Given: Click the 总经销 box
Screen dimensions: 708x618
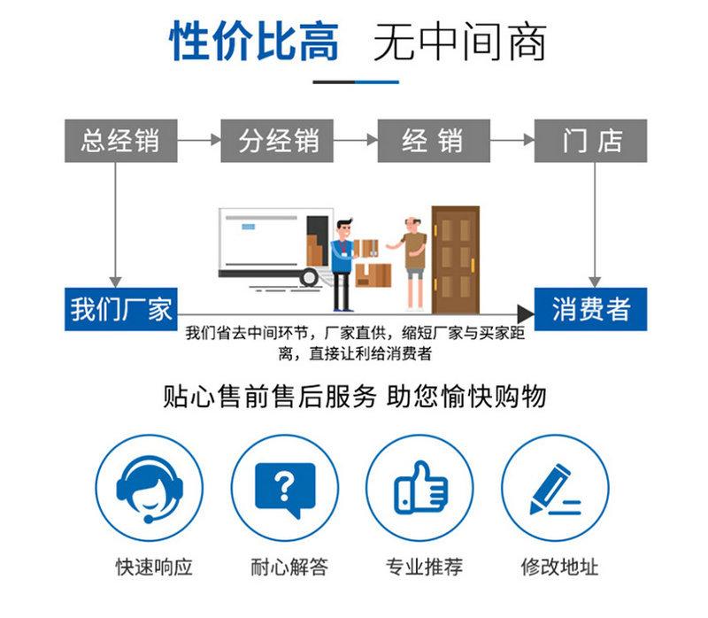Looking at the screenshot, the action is coord(120,141).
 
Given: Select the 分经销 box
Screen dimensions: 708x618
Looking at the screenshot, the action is coord(277,141).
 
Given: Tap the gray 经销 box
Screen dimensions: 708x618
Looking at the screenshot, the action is coord(434,141).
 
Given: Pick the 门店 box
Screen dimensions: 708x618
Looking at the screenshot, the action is coord(590,141).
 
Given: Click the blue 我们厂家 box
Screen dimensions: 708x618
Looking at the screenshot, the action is coord(120,310).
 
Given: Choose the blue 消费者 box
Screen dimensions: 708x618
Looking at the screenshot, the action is coord(590,310).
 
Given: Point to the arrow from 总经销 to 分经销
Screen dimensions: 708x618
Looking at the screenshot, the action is coord(198,140).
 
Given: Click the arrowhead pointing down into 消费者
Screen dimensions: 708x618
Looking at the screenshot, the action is coord(594,282).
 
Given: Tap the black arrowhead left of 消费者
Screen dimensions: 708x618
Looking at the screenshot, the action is coord(526,314).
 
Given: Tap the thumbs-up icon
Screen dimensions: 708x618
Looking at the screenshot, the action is coord(420,489).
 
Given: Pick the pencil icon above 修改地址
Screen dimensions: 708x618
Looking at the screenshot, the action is coord(555,490).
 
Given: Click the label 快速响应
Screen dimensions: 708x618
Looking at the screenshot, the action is coord(154,567).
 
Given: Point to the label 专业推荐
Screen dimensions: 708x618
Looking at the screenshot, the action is coord(424,567).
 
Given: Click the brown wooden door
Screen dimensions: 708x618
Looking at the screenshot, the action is coord(456,259).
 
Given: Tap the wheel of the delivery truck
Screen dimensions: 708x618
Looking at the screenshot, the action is coord(310,276).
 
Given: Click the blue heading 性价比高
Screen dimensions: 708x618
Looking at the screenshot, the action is coord(254,42).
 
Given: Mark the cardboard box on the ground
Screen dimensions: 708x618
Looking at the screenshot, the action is coord(373,275).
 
